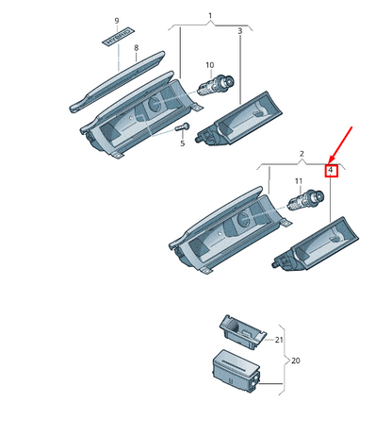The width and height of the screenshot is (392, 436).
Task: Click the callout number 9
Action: [x=117, y=20]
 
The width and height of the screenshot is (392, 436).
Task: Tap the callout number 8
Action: [x=136, y=47]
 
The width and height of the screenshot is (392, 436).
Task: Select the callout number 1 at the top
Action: [x=210, y=17]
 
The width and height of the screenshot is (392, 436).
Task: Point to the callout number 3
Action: [x=240, y=31]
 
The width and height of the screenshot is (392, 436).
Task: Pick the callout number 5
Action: [x=182, y=143]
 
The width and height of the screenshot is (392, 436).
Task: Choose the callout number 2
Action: [x=301, y=152]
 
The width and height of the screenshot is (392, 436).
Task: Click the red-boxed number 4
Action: [x=331, y=171]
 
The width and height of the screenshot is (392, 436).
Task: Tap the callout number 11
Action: [x=298, y=180]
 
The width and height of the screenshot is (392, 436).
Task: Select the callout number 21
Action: [x=279, y=339]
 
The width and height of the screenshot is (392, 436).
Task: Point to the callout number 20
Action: [x=295, y=361]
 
